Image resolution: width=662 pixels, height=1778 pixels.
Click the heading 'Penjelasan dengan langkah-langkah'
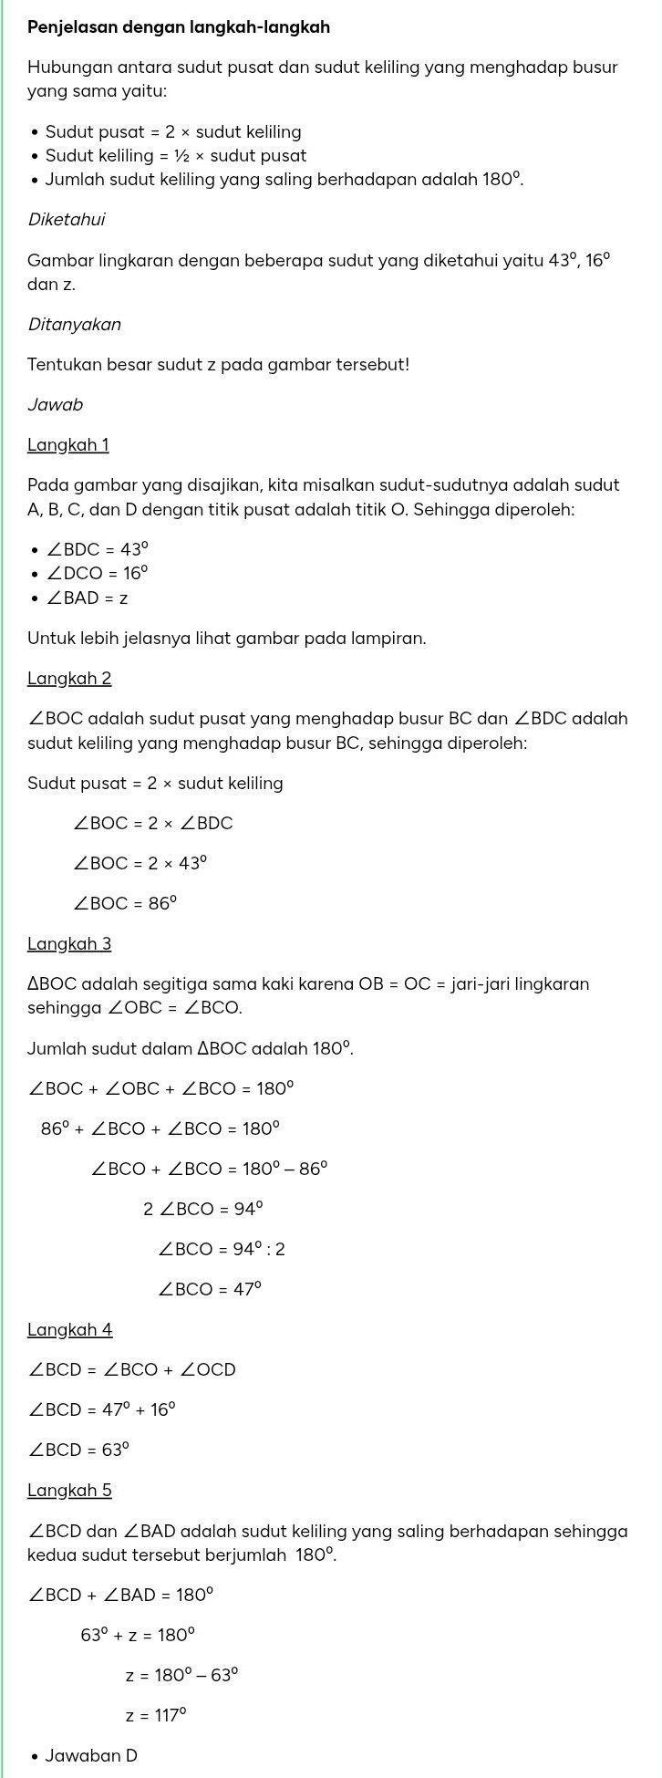[x=179, y=27]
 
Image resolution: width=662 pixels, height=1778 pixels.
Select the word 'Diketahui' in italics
[x=67, y=220]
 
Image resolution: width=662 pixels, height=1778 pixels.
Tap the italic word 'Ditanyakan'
[x=74, y=325]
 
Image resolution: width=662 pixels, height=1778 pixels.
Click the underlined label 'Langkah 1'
[x=68, y=445]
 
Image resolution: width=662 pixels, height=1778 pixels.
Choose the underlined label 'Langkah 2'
[x=69, y=679]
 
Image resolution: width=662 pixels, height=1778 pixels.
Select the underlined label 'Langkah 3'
[x=69, y=943]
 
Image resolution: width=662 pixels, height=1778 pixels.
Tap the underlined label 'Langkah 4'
[x=69, y=1330]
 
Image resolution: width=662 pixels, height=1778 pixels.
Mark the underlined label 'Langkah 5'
[x=69, y=1491]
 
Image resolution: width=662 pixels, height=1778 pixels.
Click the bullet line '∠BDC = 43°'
[x=97, y=550]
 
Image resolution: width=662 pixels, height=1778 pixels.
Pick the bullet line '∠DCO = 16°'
[x=97, y=574]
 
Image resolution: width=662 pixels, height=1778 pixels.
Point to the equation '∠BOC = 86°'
[x=125, y=904]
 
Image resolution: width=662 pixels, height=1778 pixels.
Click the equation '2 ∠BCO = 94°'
[x=203, y=1210]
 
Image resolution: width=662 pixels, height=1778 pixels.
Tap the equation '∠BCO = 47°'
[x=210, y=1290]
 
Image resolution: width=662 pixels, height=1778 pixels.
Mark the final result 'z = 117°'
[x=156, y=1716]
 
